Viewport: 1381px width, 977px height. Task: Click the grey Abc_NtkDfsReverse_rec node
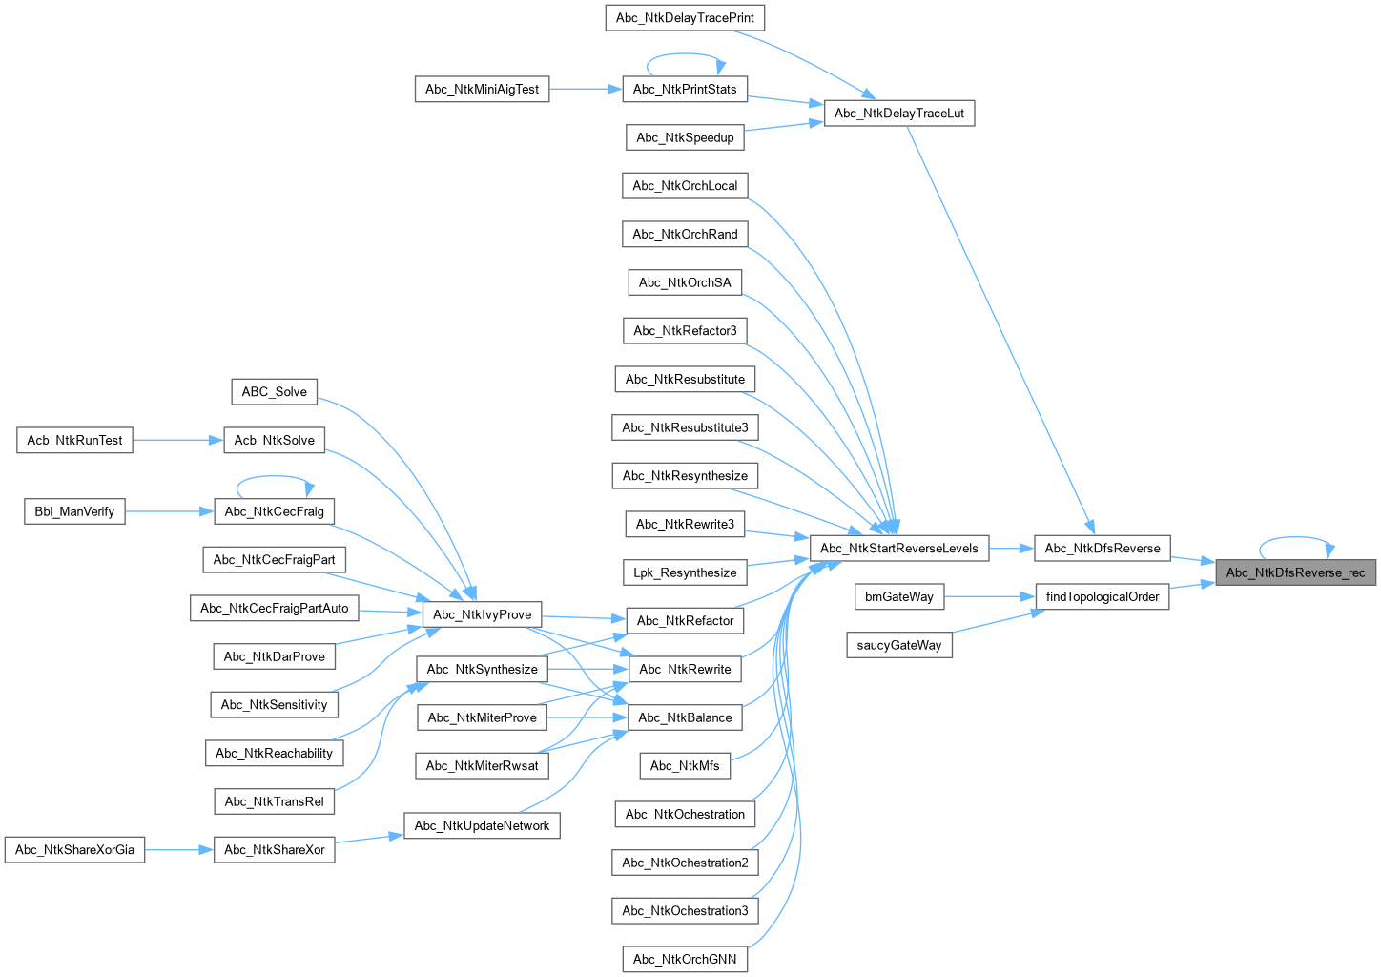[x=1295, y=572]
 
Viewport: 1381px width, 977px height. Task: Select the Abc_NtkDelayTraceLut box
[x=899, y=114]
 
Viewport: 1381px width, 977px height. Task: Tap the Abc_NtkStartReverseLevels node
[x=899, y=549]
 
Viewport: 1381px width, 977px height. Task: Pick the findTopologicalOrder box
[x=1103, y=597]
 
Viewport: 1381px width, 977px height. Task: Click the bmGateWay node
[x=899, y=597]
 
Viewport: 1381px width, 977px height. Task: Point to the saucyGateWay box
[x=899, y=646]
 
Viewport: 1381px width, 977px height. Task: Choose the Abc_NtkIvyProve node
[x=482, y=614]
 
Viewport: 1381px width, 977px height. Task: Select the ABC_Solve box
[x=275, y=392]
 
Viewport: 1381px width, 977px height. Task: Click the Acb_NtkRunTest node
[x=74, y=441]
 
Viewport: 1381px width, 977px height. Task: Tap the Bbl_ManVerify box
[x=74, y=512]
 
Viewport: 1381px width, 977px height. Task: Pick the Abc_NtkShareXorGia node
[x=74, y=850]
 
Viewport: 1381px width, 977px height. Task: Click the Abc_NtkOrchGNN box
[x=685, y=960]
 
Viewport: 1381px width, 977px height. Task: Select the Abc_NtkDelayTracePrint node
[x=685, y=18]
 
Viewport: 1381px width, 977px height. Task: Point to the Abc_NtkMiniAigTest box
[x=482, y=90]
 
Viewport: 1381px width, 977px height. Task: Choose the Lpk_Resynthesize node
[x=685, y=573]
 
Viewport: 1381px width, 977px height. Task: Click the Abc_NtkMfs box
[x=685, y=766]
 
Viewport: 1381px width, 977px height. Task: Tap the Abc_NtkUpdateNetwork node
[x=482, y=826]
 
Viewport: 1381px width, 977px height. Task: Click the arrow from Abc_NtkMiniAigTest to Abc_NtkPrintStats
[x=585, y=90]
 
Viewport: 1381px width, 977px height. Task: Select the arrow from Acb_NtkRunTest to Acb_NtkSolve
[x=177, y=441]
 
